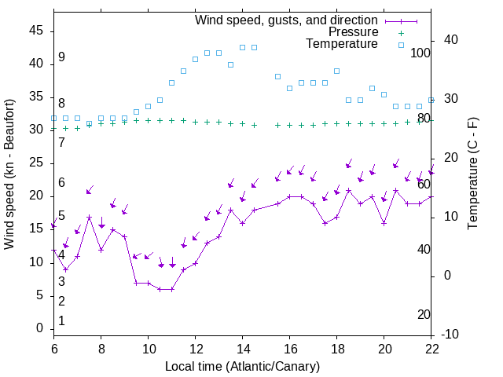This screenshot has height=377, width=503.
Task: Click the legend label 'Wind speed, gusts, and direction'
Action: pos(286,20)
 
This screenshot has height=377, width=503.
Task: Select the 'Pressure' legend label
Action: pos(354,32)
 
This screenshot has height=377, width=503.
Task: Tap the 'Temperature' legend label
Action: pos(342,44)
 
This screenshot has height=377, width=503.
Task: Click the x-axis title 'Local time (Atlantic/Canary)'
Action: pos(242,366)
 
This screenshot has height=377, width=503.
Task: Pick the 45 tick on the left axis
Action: pos(36,30)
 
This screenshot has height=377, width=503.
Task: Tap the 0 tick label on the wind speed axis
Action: pos(39,328)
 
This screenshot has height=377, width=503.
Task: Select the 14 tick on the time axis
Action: pos(242,348)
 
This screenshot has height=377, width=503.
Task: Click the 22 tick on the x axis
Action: pos(431,348)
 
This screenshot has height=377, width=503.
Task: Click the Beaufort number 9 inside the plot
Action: pos(61,57)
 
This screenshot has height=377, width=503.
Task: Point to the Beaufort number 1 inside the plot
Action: pos(61,321)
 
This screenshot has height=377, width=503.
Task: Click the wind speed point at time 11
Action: pos(171,289)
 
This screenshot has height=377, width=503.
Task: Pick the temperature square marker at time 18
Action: pos(336,71)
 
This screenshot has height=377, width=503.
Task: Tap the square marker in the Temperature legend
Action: pos(400,44)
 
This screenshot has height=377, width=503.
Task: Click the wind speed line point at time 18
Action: pos(336,217)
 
